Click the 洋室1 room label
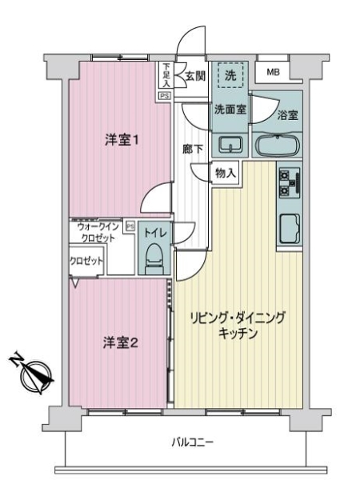122,141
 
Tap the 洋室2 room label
121,343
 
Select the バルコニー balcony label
192,442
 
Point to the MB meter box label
273,72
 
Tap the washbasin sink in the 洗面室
230,144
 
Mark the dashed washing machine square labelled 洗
230,75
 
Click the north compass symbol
33,374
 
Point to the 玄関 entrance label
195,76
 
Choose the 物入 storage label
226,174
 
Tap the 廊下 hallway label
192,150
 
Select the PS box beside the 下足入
164,96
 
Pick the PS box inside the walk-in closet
130,226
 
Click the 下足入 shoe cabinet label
166,74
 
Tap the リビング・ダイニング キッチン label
238,325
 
